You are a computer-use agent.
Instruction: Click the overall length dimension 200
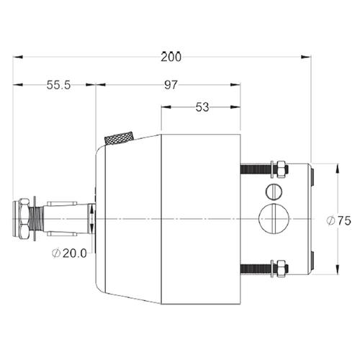click(x=171, y=55)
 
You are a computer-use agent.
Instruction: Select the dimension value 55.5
click(x=58, y=85)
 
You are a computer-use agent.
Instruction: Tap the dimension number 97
click(x=171, y=85)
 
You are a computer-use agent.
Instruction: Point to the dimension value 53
click(x=202, y=108)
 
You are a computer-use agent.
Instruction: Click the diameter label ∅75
click(x=338, y=221)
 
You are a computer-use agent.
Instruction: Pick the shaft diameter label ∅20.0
click(x=71, y=253)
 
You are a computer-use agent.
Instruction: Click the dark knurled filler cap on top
click(x=120, y=138)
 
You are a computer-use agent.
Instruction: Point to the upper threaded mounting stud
click(x=256, y=169)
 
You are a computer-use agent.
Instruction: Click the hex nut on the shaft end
click(x=24, y=218)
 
